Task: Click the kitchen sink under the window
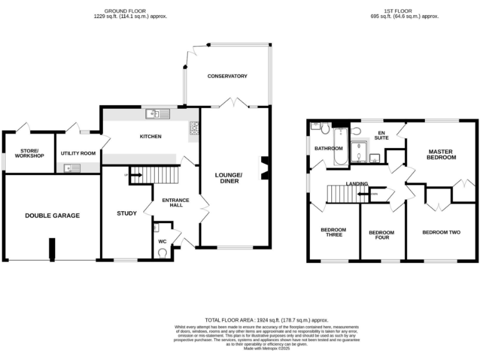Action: tap(154, 114)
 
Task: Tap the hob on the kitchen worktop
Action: tap(194, 127)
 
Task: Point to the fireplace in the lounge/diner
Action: tap(265, 167)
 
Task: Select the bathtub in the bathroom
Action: tap(341, 146)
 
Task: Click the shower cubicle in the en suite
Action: tap(359, 152)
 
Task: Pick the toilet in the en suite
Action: tap(355, 131)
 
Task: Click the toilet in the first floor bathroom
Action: tap(324, 128)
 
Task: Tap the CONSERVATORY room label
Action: tap(227, 76)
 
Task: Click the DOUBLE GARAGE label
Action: tap(52, 216)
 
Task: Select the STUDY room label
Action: tap(126, 214)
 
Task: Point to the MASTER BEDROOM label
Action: tap(442, 154)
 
